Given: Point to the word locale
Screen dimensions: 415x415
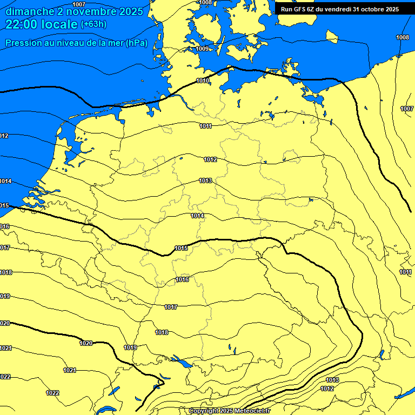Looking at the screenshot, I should pos(59,24).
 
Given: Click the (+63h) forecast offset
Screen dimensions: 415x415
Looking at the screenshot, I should pos(93,24).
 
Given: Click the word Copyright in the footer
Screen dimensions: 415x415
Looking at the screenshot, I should pos(204,411).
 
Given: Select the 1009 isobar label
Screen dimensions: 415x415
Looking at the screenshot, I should pos(202,49).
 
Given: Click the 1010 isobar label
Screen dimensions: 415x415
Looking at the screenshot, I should pos(203,81).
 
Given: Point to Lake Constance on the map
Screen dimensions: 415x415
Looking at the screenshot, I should pos(184,365).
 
